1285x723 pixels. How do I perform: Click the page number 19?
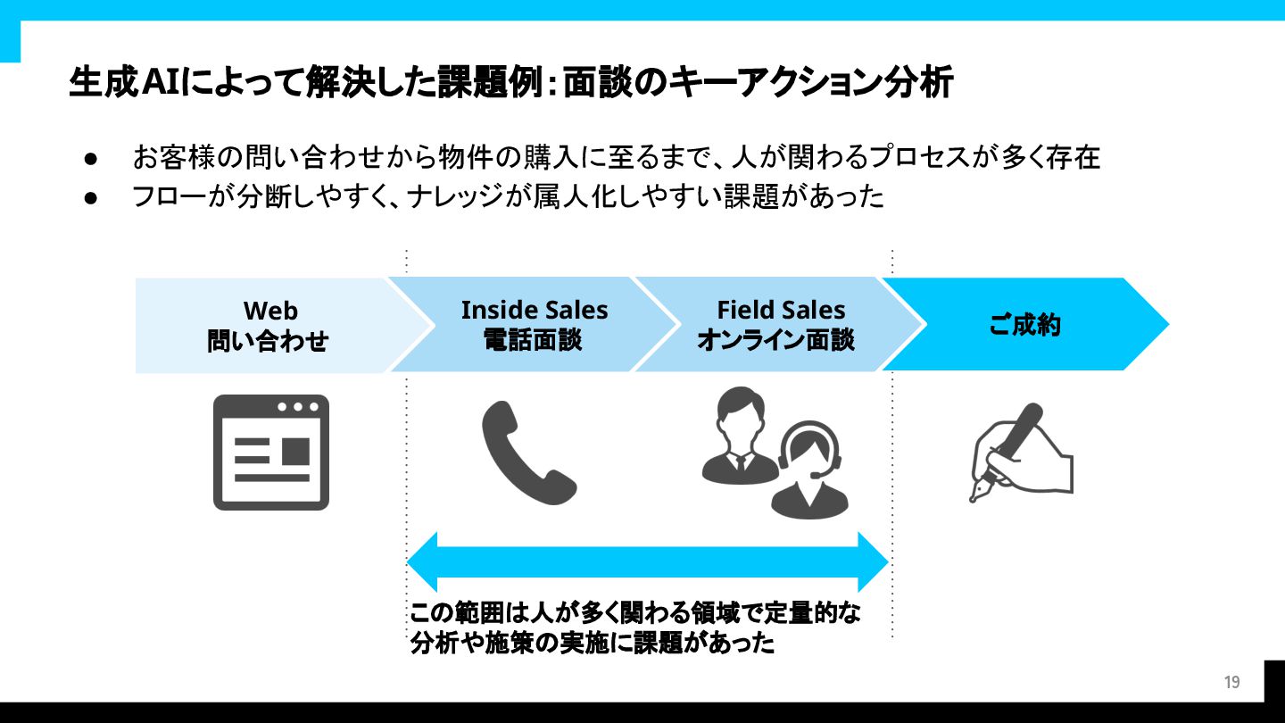[x=1231, y=683]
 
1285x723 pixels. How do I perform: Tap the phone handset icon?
[x=528, y=453]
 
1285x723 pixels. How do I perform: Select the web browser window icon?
[x=271, y=453]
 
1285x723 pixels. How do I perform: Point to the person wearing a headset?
[x=809, y=471]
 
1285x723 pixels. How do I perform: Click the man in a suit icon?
[x=739, y=435]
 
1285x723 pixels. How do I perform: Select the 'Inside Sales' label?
[x=534, y=311]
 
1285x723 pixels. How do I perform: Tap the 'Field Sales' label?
[x=781, y=310]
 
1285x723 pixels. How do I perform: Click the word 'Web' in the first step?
[x=270, y=311]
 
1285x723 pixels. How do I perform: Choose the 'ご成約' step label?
[x=1024, y=325]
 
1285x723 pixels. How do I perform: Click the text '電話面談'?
[x=533, y=340]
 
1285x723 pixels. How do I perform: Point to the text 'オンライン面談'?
[x=775, y=340]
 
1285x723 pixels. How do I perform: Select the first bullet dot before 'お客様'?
[x=90, y=159]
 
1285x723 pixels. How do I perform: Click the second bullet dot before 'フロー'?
[x=90, y=196]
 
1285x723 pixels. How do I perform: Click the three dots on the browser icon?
[x=298, y=407]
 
